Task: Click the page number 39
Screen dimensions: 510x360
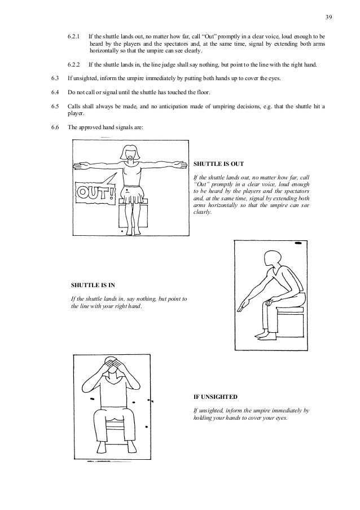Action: tap(329, 17)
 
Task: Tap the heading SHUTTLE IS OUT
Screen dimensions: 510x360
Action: tap(218, 165)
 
